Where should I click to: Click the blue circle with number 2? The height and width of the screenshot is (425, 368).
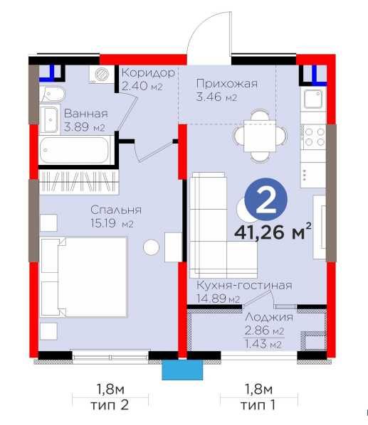pos(266,199)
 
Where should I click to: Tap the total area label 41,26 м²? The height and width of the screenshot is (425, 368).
pos(273,232)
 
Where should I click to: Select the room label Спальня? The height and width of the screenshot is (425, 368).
pos(116,210)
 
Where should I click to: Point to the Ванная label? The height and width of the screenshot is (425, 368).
pos(85,114)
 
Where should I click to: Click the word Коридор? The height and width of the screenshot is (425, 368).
pos(148,72)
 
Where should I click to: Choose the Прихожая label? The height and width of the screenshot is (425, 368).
pos(227,83)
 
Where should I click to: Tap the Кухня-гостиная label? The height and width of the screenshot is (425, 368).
pos(244,286)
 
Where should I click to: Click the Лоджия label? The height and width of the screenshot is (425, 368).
pos(269,318)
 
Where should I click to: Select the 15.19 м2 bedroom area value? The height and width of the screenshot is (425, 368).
pos(112,223)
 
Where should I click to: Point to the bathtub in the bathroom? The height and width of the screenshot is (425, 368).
pos(75,150)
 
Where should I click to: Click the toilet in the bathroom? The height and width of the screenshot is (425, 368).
pos(53,94)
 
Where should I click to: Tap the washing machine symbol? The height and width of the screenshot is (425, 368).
pos(102,73)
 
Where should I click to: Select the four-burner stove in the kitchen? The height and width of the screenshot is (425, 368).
pos(314,136)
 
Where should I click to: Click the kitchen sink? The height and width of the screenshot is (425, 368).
pos(313,99)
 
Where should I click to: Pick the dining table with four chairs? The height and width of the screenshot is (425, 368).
pos(260,136)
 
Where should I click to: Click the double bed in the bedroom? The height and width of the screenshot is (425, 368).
pos(84,277)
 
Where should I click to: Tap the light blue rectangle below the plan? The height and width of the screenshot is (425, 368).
pos(182,370)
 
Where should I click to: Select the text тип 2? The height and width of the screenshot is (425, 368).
pos(110,405)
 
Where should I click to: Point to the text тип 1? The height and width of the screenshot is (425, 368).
pos(258,405)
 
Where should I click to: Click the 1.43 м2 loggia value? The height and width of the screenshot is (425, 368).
pos(263,344)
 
